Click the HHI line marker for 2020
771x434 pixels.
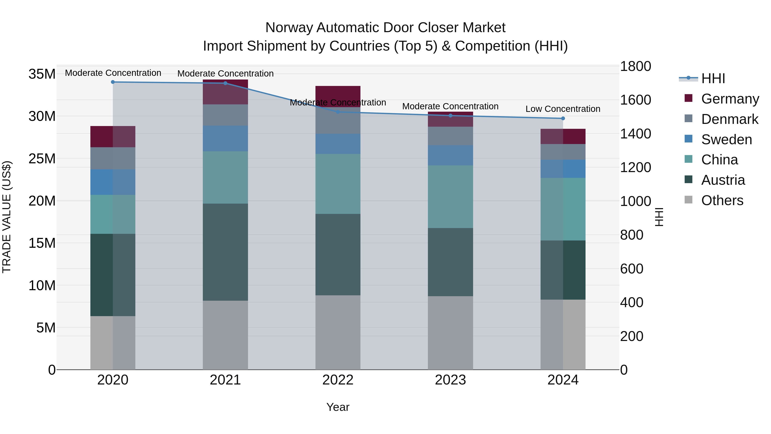tap(113, 82)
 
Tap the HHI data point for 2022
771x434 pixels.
tap(338, 112)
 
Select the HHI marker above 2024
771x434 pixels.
tap(563, 119)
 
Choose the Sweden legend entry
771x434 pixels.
tap(726, 140)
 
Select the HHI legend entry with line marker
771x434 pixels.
tap(702, 78)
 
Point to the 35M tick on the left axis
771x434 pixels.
tap(42, 74)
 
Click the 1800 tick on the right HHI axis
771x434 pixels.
tap(635, 66)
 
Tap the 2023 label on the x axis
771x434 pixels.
tap(450, 380)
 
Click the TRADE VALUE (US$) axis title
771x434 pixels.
tap(7, 217)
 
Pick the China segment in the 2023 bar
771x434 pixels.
tap(450, 197)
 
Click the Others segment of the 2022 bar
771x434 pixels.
tap(338, 332)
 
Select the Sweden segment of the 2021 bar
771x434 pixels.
tap(225, 138)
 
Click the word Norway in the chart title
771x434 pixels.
tap(289, 28)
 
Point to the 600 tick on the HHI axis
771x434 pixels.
tap(632, 269)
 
